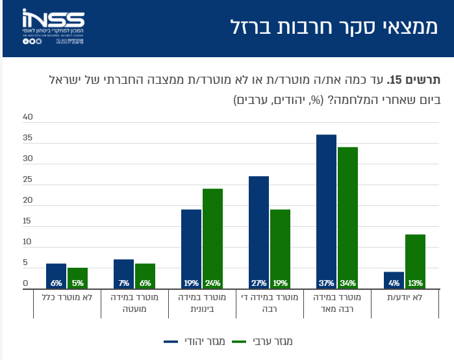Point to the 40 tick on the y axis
27,118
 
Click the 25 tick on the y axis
27,180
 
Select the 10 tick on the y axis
27,242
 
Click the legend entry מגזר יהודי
194,341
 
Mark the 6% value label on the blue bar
57,283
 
